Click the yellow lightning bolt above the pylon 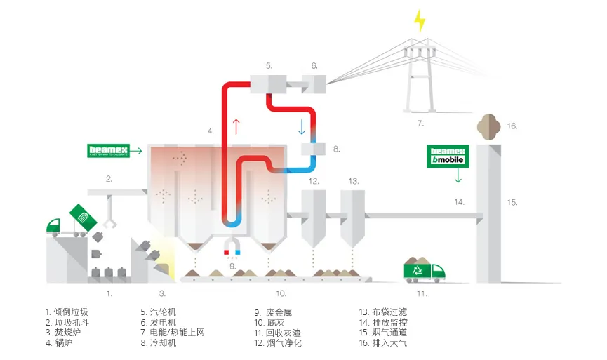click(x=420, y=20)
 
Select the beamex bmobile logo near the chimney click(x=448, y=155)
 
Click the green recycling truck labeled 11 click(x=424, y=270)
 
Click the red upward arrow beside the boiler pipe click(x=236, y=127)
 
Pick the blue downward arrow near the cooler click(x=302, y=127)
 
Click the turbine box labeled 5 click(x=268, y=85)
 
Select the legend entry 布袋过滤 click(x=387, y=312)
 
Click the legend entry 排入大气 click(x=387, y=343)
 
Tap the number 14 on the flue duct click(x=458, y=202)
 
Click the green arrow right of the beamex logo click(x=136, y=150)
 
